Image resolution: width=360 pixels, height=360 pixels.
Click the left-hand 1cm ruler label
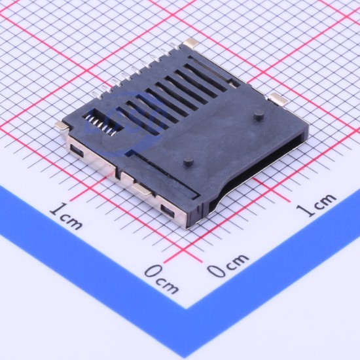(66, 216)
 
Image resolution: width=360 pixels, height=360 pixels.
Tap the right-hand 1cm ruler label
(315, 205)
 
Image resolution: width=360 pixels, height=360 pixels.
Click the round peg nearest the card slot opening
(259, 115)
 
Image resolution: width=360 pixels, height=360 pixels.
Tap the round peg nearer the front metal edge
(189, 162)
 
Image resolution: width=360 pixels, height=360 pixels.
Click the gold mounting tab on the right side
(278, 99)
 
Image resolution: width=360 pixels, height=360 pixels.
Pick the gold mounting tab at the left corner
(62, 126)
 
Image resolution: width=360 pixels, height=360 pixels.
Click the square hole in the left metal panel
(77, 151)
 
